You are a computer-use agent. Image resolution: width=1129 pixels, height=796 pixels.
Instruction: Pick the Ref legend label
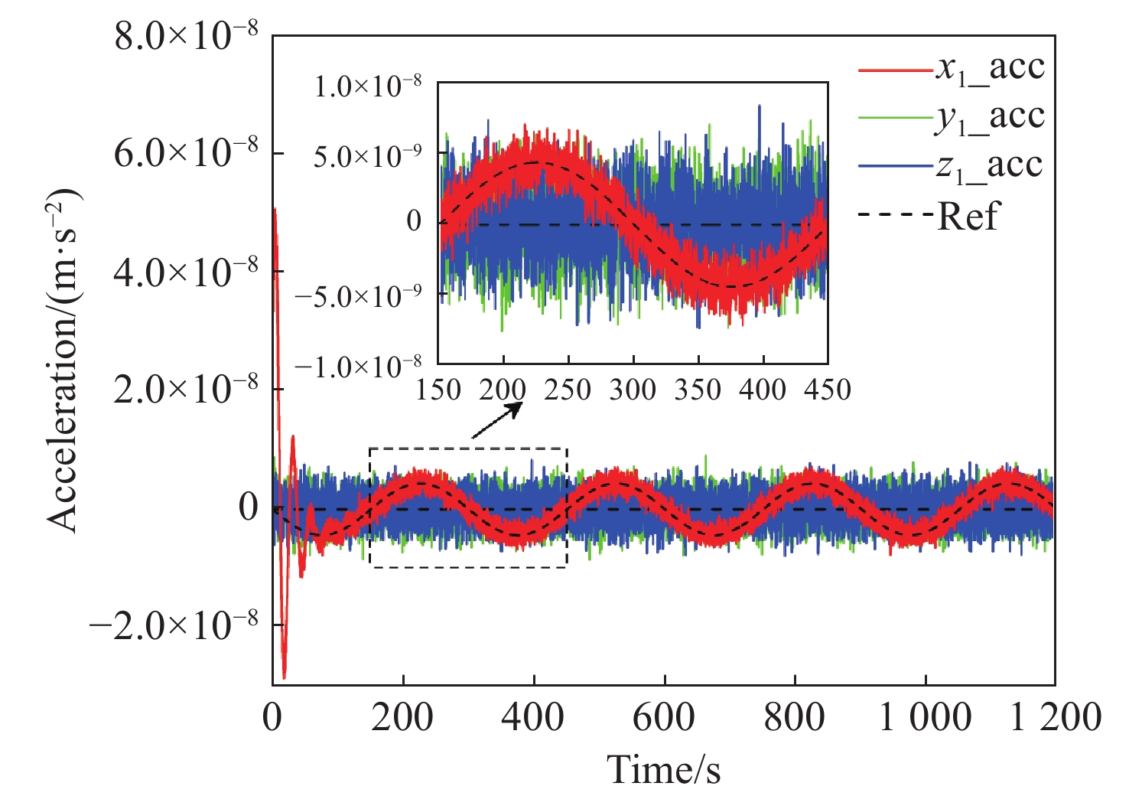(968, 216)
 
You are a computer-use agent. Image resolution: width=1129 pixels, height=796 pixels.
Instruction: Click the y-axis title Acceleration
(64, 360)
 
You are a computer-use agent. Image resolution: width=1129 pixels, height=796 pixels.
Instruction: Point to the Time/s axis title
(663, 768)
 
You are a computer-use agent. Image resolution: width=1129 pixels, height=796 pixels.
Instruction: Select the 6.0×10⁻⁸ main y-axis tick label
(187, 154)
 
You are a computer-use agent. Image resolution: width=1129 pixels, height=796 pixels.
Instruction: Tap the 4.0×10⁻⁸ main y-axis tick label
(187, 272)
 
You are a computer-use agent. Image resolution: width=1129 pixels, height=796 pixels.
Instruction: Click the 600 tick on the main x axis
(664, 718)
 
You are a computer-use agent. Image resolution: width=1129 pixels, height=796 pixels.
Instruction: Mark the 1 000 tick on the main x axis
(926, 718)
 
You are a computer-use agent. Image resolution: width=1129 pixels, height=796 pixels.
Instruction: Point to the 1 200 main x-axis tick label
(1056, 718)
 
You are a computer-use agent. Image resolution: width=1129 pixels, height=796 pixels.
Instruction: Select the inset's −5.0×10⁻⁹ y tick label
(358, 295)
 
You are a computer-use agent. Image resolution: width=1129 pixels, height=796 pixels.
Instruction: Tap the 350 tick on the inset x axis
(698, 390)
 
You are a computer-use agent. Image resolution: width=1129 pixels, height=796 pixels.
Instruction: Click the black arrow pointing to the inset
(496, 420)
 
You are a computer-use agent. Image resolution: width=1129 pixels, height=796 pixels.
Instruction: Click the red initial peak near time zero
(275, 210)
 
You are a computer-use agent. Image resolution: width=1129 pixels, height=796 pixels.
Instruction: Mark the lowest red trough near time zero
(285, 676)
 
